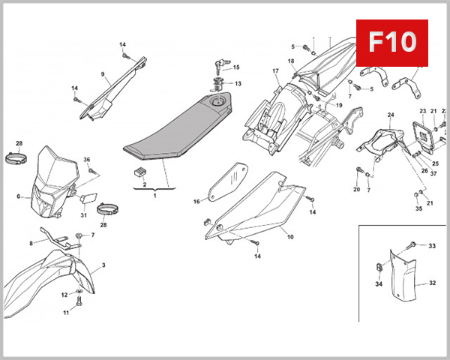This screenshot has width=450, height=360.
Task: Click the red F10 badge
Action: click(x=396, y=41)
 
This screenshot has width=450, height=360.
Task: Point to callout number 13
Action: click(x=238, y=83)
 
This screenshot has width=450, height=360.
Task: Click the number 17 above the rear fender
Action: click(x=275, y=71)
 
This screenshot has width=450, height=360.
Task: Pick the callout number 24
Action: click(x=390, y=115)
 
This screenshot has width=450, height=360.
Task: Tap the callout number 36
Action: click(x=86, y=160)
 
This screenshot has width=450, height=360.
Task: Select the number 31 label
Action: click(x=84, y=215)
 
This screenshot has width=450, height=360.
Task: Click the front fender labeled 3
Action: click(x=45, y=281)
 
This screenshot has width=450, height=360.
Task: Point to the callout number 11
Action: click(x=65, y=313)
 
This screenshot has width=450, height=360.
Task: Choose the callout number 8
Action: click(x=31, y=243)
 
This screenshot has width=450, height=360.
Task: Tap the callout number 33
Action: click(x=431, y=246)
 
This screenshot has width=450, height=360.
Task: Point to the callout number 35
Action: click(x=418, y=208)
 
